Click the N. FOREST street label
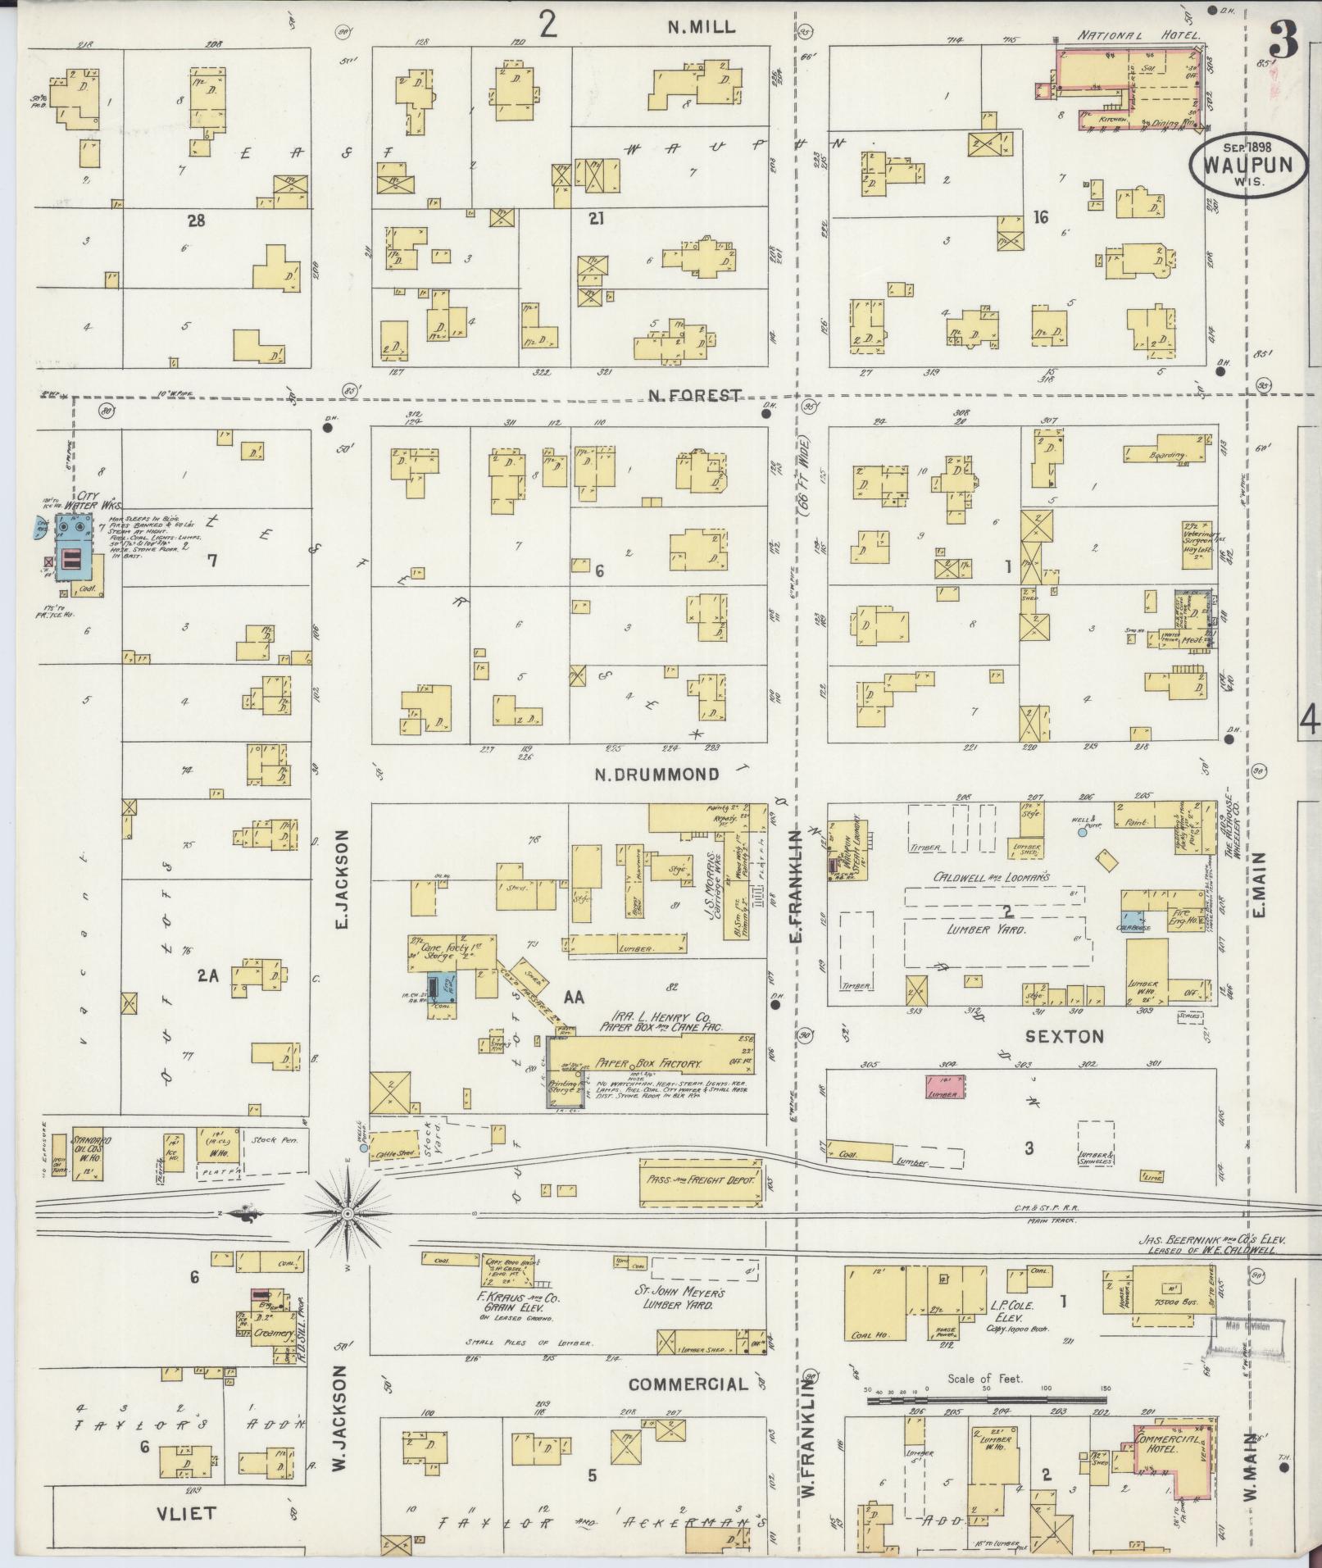[x=693, y=396]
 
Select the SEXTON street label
[x=1065, y=1037]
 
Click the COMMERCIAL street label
[x=688, y=1384]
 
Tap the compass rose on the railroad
[x=348, y=1212]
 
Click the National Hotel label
[x=1138, y=36]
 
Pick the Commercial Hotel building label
[x=1170, y=1443]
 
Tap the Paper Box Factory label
[x=648, y=1063]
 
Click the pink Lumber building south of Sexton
[x=945, y=1085]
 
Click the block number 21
[x=596, y=218]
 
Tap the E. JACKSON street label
[x=343, y=879]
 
